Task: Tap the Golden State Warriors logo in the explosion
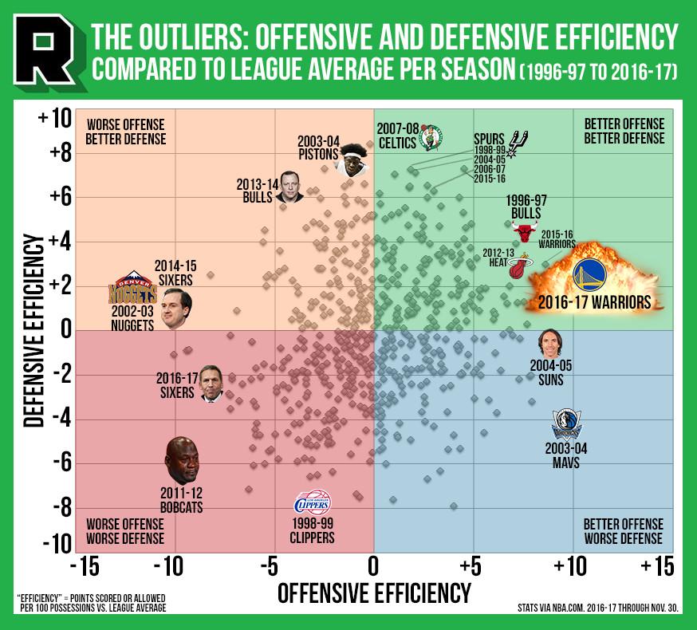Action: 589,275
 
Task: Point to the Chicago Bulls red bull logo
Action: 524,233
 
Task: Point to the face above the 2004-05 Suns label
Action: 551,343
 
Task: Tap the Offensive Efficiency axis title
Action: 373,593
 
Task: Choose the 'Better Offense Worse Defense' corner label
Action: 623,531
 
